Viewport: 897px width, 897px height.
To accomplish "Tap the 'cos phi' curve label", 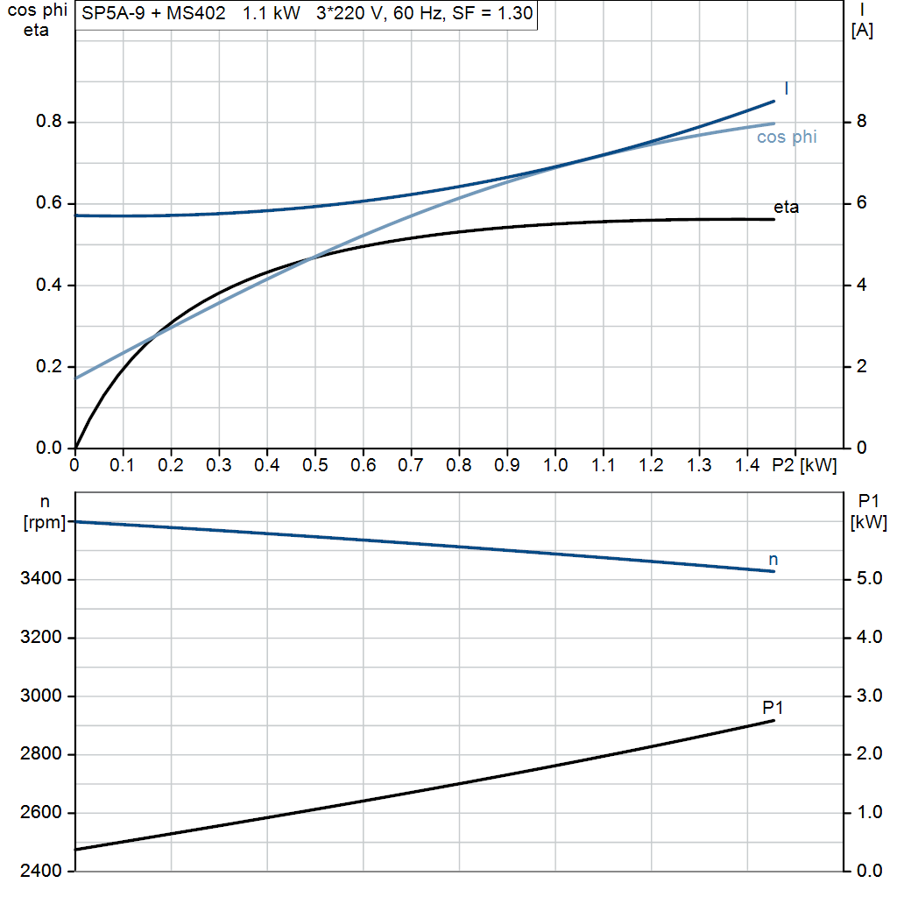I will [x=787, y=137].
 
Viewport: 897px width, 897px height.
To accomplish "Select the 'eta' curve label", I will [x=786, y=208].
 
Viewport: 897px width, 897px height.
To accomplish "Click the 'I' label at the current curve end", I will [x=786, y=88].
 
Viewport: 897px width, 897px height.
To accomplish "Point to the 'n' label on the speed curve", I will [x=773, y=559].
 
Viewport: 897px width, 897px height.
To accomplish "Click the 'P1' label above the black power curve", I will [x=773, y=707].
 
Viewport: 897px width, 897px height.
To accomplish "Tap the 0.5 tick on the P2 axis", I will [x=314, y=466].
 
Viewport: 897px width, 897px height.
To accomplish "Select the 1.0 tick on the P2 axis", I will [x=554, y=466].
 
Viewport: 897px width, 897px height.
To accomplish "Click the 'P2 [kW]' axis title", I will [x=804, y=466].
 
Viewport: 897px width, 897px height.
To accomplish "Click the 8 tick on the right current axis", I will [x=861, y=122].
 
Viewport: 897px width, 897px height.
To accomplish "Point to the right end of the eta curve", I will [x=774, y=219].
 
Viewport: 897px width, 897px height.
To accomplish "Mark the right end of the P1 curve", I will [x=774, y=720].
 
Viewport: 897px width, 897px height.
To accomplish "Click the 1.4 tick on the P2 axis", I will [x=746, y=466].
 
